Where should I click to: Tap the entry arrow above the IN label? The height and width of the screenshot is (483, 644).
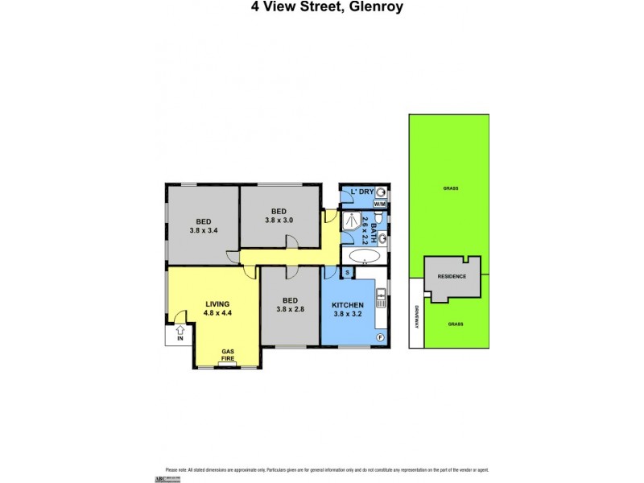click(180, 329)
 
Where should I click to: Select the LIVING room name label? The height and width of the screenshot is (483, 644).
click(217, 304)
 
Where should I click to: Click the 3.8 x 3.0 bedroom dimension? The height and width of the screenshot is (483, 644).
click(279, 219)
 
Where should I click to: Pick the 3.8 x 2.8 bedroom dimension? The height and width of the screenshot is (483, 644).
click(290, 308)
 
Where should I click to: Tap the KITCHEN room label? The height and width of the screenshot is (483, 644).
click(349, 304)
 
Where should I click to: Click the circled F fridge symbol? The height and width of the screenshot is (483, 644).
click(380, 336)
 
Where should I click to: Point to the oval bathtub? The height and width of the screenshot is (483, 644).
click(364, 258)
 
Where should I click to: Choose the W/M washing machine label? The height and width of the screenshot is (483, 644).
click(379, 204)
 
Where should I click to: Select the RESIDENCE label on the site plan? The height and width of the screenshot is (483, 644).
click(452, 276)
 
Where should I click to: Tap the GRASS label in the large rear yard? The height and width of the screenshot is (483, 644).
click(449, 188)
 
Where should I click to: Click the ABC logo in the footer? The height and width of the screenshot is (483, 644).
click(171, 477)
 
